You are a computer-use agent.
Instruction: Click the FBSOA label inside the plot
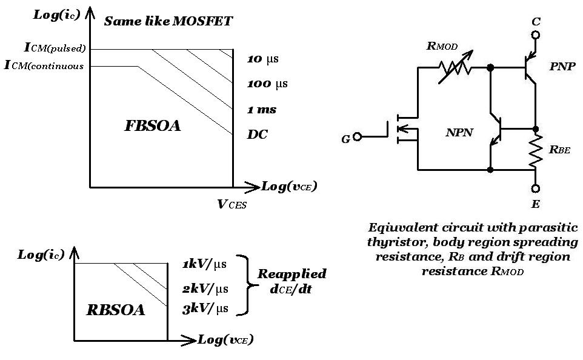pyautogui.click(x=153, y=126)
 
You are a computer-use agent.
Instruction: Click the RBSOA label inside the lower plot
pyautogui.click(x=116, y=310)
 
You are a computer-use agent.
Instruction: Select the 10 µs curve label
pyautogui.click(x=263, y=59)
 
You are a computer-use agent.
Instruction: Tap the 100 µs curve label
pyautogui.click(x=267, y=84)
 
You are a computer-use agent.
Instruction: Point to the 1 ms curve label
pyautogui.click(x=262, y=109)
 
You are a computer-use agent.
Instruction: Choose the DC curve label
pyautogui.click(x=258, y=135)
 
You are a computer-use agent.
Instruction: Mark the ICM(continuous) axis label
pyautogui.click(x=44, y=65)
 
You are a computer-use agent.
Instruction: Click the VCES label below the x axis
pyautogui.click(x=232, y=204)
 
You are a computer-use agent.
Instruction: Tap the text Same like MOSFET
pyautogui.click(x=168, y=22)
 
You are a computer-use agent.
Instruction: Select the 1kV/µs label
pyautogui.click(x=205, y=265)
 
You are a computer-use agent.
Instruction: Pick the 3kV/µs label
pyautogui.click(x=205, y=309)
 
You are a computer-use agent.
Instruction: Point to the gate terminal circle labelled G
pyautogui.click(x=358, y=137)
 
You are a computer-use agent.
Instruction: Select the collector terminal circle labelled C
pyautogui.click(x=535, y=35)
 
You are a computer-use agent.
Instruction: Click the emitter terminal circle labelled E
pyautogui.click(x=535, y=188)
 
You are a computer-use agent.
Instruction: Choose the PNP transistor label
pyautogui.click(x=562, y=67)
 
